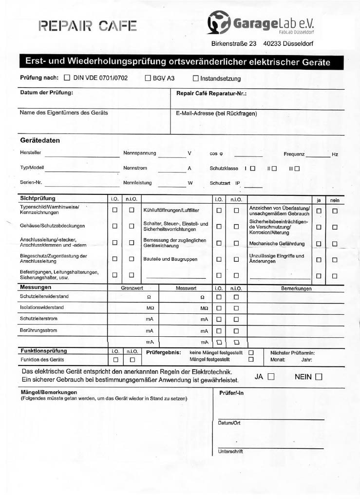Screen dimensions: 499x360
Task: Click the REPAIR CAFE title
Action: pos(88,25)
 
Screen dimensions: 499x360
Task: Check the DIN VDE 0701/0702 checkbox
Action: pos(67,77)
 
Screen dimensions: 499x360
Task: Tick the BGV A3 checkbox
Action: pos(148,78)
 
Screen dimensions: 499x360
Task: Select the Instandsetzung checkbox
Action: pos(196,78)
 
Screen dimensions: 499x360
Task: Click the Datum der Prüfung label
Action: pos(46,93)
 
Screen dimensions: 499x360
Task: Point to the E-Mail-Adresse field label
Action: pos(216,114)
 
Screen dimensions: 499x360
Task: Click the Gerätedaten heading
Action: pos(40,140)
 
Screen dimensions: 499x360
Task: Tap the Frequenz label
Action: pos(294,154)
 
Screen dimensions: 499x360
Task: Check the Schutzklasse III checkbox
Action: pos(297,169)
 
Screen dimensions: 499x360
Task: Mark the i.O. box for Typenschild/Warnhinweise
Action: pos(115,211)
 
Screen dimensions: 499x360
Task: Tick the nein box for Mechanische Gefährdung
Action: pos(335,244)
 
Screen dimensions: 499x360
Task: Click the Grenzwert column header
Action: pos(132,288)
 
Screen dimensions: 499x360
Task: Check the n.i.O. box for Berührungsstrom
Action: pos(236,330)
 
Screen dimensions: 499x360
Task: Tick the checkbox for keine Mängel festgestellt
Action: pos(251,352)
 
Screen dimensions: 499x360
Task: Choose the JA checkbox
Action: pos(271,377)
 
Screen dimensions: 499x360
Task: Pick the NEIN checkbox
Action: pos(319,377)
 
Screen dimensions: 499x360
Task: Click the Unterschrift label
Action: pos(230,451)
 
